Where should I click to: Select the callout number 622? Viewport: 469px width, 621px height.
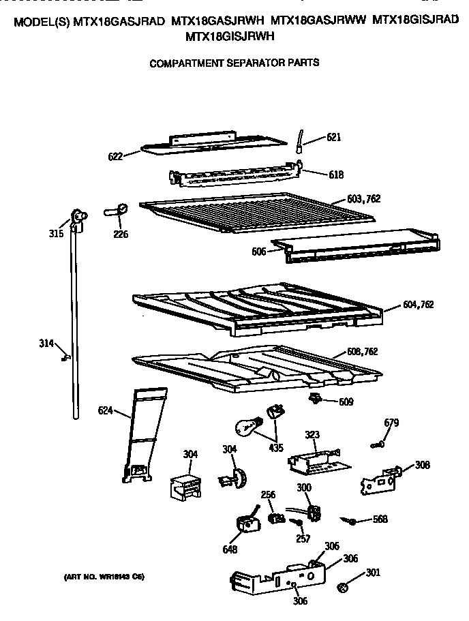coord(116,156)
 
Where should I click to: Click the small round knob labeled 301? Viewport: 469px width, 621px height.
coord(345,586)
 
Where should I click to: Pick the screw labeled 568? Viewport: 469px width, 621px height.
coord(352,521)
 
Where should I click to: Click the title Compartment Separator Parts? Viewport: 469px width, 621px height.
coord(234,63)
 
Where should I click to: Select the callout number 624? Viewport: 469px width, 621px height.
coord(105,410)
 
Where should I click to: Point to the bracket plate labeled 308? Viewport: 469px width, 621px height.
coord(378,478)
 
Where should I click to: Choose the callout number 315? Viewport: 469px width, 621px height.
coord(56,233)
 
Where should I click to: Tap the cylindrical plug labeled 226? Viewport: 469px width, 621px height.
coord(118,210)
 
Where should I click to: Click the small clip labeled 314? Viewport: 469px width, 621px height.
coord(65,356)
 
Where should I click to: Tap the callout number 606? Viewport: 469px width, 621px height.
coord(258,252)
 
